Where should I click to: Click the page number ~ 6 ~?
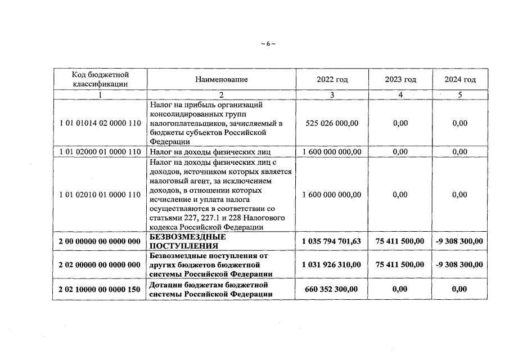coord(268,43)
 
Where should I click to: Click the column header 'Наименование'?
coord(222,79)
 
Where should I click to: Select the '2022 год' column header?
coord(332,79)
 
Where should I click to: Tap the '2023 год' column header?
coord(400,79)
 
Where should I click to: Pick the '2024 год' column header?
coord(460,79)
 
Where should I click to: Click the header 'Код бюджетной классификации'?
coord(100,79)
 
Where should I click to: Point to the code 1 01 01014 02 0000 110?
coord(100,123)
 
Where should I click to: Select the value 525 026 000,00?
coord(332,123)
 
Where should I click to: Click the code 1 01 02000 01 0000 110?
coord(100,151)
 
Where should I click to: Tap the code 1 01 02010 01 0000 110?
coord(100,195)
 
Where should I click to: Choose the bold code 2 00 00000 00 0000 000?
coord(100,241)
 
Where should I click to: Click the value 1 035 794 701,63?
coord(332,241)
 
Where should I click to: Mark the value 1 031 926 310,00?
coord(332,264)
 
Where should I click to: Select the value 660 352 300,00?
coord(332,289)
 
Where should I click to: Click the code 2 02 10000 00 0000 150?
coord(100,289)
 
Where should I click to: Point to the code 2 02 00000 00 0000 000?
coord(100,264)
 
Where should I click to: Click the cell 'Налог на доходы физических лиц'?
coord(210,151)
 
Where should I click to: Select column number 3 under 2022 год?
coord(332,94)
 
